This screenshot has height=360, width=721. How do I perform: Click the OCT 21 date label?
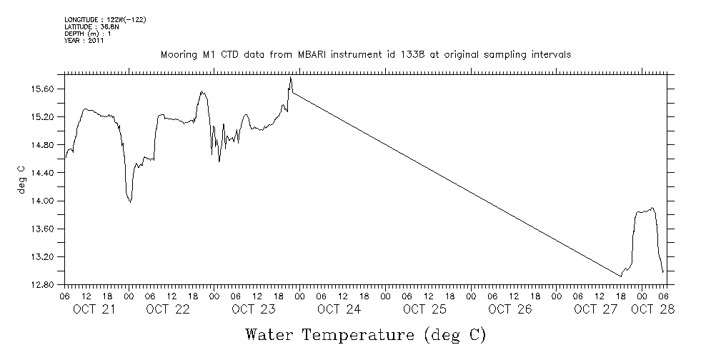pyautogui.click(x=95, y=309)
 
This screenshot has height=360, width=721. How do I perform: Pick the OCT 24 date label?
pyautogui.click(x=339, y=309)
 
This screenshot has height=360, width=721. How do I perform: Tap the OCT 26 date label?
pyautogui.click(x=511, y=309)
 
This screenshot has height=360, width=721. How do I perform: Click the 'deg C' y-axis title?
pyautogui.click(x=21, y=179)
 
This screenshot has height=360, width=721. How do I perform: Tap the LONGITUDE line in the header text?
pyautogui.click(x=105, y=19)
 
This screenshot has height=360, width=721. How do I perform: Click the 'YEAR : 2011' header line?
pyautogui.click(x=84, y=41)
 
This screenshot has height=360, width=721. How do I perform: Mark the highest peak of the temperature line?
pyautogui.click(x=291, y=77)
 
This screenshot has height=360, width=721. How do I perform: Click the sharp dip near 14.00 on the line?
pyautogui.click(x=130, y=202)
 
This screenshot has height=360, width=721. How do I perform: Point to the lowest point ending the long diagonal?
pyautogui.click(x=620, y=276)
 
